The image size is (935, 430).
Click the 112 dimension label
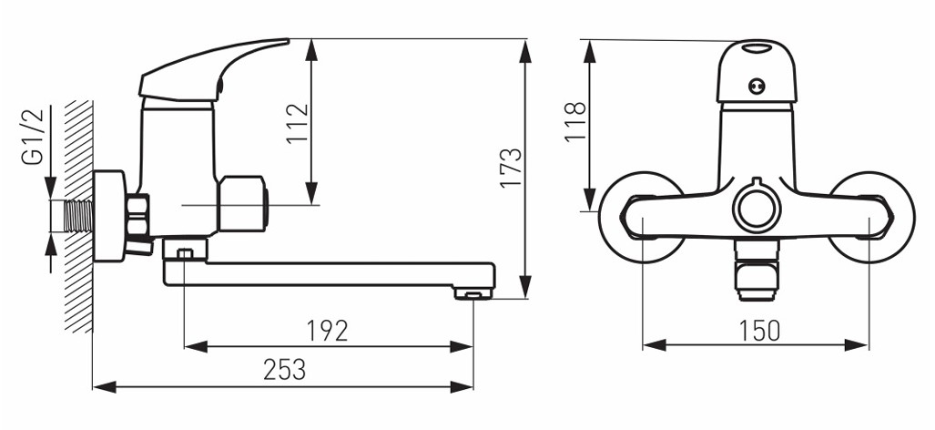[x=298, y=122]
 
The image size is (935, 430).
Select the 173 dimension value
[x=511, y=168]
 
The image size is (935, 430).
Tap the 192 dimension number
[x=327, y=331]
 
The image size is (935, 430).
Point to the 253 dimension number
[x=284, y=370]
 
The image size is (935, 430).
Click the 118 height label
[x=576, y=122]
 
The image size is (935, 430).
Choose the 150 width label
[x=759, y=331]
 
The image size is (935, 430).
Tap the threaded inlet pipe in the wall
[x=78, y=215]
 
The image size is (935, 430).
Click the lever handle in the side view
[x=212, y=69]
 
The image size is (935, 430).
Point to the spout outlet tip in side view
[x=474, y=292]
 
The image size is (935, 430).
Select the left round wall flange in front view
[x=640, y=217]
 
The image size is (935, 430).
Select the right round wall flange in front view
[x=872, y=217]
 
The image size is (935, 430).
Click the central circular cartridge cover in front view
[x=757, y=210]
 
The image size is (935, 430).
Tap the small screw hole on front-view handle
[x=757, y=87]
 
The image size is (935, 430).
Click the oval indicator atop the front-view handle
[x=757, y=47]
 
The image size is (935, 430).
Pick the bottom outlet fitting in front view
[x=757, y=271]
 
